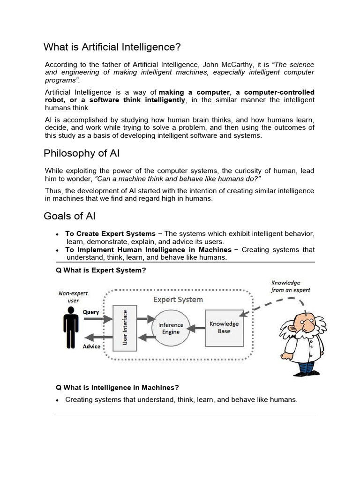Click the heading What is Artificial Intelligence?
pyautogui.click(x=112, y=47)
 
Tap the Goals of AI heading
pyautogui.click(x=69, y=216)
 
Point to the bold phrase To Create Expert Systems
pyautogui.click(x=110, y=233)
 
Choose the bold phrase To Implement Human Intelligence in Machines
pyautogui.click(x=148, y=250)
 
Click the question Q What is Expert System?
pyautogui.click(x=101, y=270)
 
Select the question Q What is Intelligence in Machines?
pyautogui.click(x=117, y=388)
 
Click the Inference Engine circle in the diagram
pyautogui.click(x=171, y=328)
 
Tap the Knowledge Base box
pyautogui.click(x=224, y=327)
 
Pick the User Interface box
pyautogui.click(x=125, y=327)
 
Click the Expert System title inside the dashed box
pyautogui.click(x=179, y=299)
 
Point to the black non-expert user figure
pyautogui.click(x=71, y=327)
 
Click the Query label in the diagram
pyautogui.click(x=91, y=312)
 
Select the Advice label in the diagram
pyautogui.click(x=91, y=347)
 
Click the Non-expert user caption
pyautogui.click(x=73, y=297)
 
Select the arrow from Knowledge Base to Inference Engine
pyautogui.click(x=197, y=328)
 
